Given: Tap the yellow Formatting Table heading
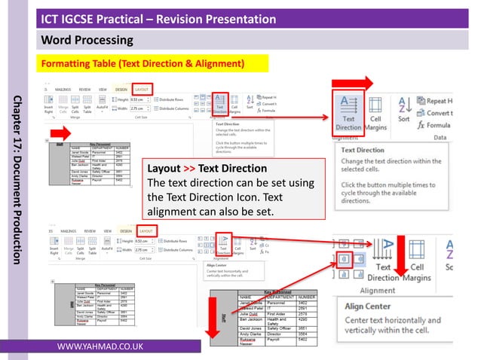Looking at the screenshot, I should point(142,63).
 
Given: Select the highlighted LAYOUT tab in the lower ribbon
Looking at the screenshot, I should point(146,231).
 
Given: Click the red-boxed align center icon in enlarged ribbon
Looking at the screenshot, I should point(344,258).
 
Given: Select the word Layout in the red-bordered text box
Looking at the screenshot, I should point(164,168).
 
